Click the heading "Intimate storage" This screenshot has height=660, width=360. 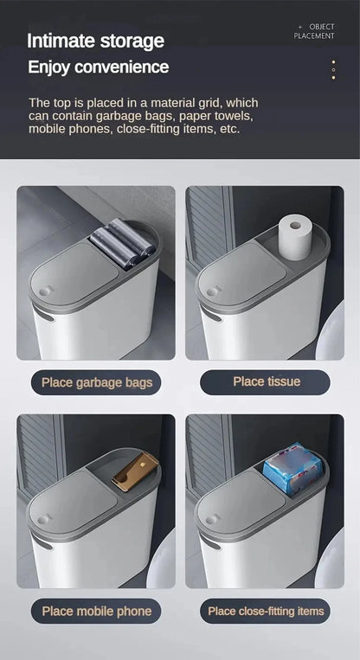[x=95, y=41]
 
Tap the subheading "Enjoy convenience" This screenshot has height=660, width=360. [x=98, y=67]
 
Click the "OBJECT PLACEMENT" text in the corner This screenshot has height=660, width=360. [x=315, y=31]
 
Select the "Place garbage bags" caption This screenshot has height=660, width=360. [x=96, y=382]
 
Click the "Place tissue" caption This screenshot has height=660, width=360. [x=266, y=381]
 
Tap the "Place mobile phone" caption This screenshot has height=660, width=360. [x=96, y=611]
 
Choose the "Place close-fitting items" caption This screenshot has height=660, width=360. [x=266, y=611]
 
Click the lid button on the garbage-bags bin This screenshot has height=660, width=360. [x=43, y=292]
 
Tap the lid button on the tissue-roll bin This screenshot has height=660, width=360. [x=210, y=292]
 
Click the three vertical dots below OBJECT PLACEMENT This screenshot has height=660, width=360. [x=333, y=70]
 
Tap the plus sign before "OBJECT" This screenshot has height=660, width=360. [x=300, y=27]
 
